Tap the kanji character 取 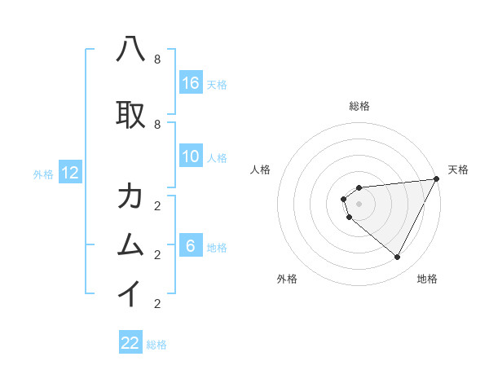click(x=131, y=114)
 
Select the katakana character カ click(x=131, y=196)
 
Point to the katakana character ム click(x=131, y=244)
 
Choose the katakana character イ click(x=131, y=293)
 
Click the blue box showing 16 click(x=191, y=83)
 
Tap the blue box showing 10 click(x=191, y=156)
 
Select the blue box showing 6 click(x=191, y=246)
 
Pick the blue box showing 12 click(x=70, y=173)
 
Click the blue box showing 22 click(x=130, y=343)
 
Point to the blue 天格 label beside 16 click(x=217, y=84)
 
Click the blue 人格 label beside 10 click(x=217, y=157)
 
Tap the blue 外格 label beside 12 click(x=43, y=174)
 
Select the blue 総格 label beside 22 click(x=156, y=345)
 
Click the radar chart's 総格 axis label click(x=359, y=107)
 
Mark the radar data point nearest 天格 click(x=437, y=179)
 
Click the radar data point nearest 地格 click(x=397, y=257)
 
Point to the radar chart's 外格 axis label click(x=287, y=279)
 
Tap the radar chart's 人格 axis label click(x=261, y=169)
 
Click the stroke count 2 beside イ click(x=156, y=303)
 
